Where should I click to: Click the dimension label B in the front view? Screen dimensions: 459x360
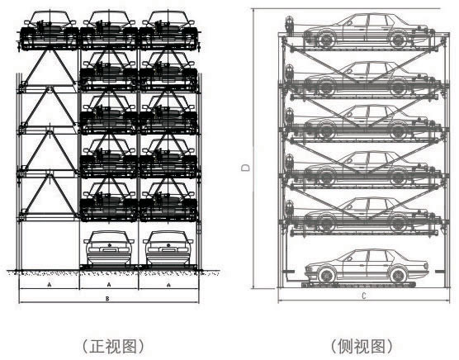point(107,299)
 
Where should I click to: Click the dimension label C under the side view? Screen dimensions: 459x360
point(364,296)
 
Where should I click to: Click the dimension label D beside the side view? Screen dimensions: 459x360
point(246,167)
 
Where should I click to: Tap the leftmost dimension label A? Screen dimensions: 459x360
point(50,284)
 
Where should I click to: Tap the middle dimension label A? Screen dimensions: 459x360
point(109,284)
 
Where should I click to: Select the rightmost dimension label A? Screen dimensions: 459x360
point(168,284)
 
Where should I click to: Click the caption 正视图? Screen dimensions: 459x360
point(112,346)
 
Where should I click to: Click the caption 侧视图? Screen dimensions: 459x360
point(362,346)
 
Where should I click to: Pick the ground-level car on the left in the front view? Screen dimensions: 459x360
point(109,248)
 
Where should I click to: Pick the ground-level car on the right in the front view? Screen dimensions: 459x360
point(168,248)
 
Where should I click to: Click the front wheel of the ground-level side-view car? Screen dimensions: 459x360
point(325,275)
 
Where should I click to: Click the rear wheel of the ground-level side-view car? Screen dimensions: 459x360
point(398,275)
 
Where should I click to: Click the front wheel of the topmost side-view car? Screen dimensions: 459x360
point(325,40)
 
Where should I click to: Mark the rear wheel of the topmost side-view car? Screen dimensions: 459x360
point(398,40)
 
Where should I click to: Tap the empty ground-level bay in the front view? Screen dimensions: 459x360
point(50,245)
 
